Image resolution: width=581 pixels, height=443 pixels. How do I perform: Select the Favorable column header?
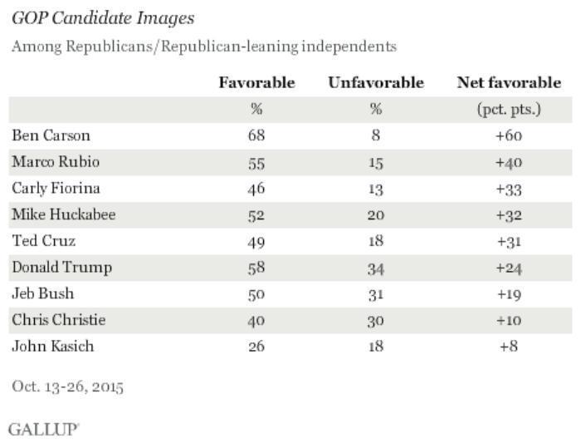256,82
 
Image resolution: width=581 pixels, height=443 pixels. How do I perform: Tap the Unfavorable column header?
376,82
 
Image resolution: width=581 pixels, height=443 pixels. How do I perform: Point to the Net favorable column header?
509,82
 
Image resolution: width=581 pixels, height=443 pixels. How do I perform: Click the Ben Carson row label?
50,135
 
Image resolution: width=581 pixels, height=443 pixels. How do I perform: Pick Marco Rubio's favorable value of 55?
256,161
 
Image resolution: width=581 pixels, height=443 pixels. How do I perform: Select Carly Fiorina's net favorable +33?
508,188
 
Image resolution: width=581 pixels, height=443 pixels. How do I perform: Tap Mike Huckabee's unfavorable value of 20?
376,214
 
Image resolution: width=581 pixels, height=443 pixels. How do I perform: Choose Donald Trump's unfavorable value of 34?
376,268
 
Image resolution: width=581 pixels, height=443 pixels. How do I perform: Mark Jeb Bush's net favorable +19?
508,294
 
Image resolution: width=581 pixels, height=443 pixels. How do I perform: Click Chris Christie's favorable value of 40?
256,321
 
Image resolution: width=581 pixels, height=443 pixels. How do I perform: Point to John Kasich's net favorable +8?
508,347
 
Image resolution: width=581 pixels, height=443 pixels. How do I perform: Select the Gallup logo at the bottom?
43,429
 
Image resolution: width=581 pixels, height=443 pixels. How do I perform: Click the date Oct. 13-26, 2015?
67,386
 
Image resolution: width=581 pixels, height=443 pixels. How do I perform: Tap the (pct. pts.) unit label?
508,109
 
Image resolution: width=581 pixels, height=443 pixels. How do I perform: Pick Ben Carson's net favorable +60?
508,135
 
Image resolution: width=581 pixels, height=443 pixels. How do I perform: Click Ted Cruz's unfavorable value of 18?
376,241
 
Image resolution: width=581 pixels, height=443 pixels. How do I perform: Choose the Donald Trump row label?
61,268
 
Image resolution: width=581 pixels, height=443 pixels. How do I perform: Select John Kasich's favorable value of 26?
256,347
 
